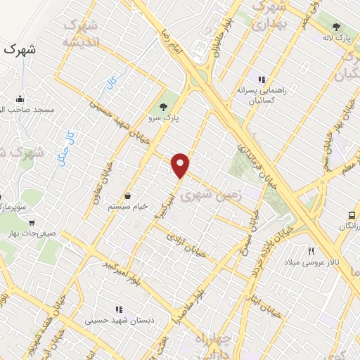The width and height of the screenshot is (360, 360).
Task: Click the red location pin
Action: [181, 165]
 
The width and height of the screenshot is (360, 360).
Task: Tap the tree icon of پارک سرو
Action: [164, 107]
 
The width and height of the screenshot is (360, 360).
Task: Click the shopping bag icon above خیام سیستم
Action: [128, 196]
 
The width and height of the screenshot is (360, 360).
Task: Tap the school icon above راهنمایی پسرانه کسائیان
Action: [262, 79]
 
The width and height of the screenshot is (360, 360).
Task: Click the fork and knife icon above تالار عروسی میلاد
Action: [310, 251]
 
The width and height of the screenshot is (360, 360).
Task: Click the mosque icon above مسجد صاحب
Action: [20, 98]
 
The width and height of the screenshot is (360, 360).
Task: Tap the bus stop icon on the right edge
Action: [352, 215]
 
